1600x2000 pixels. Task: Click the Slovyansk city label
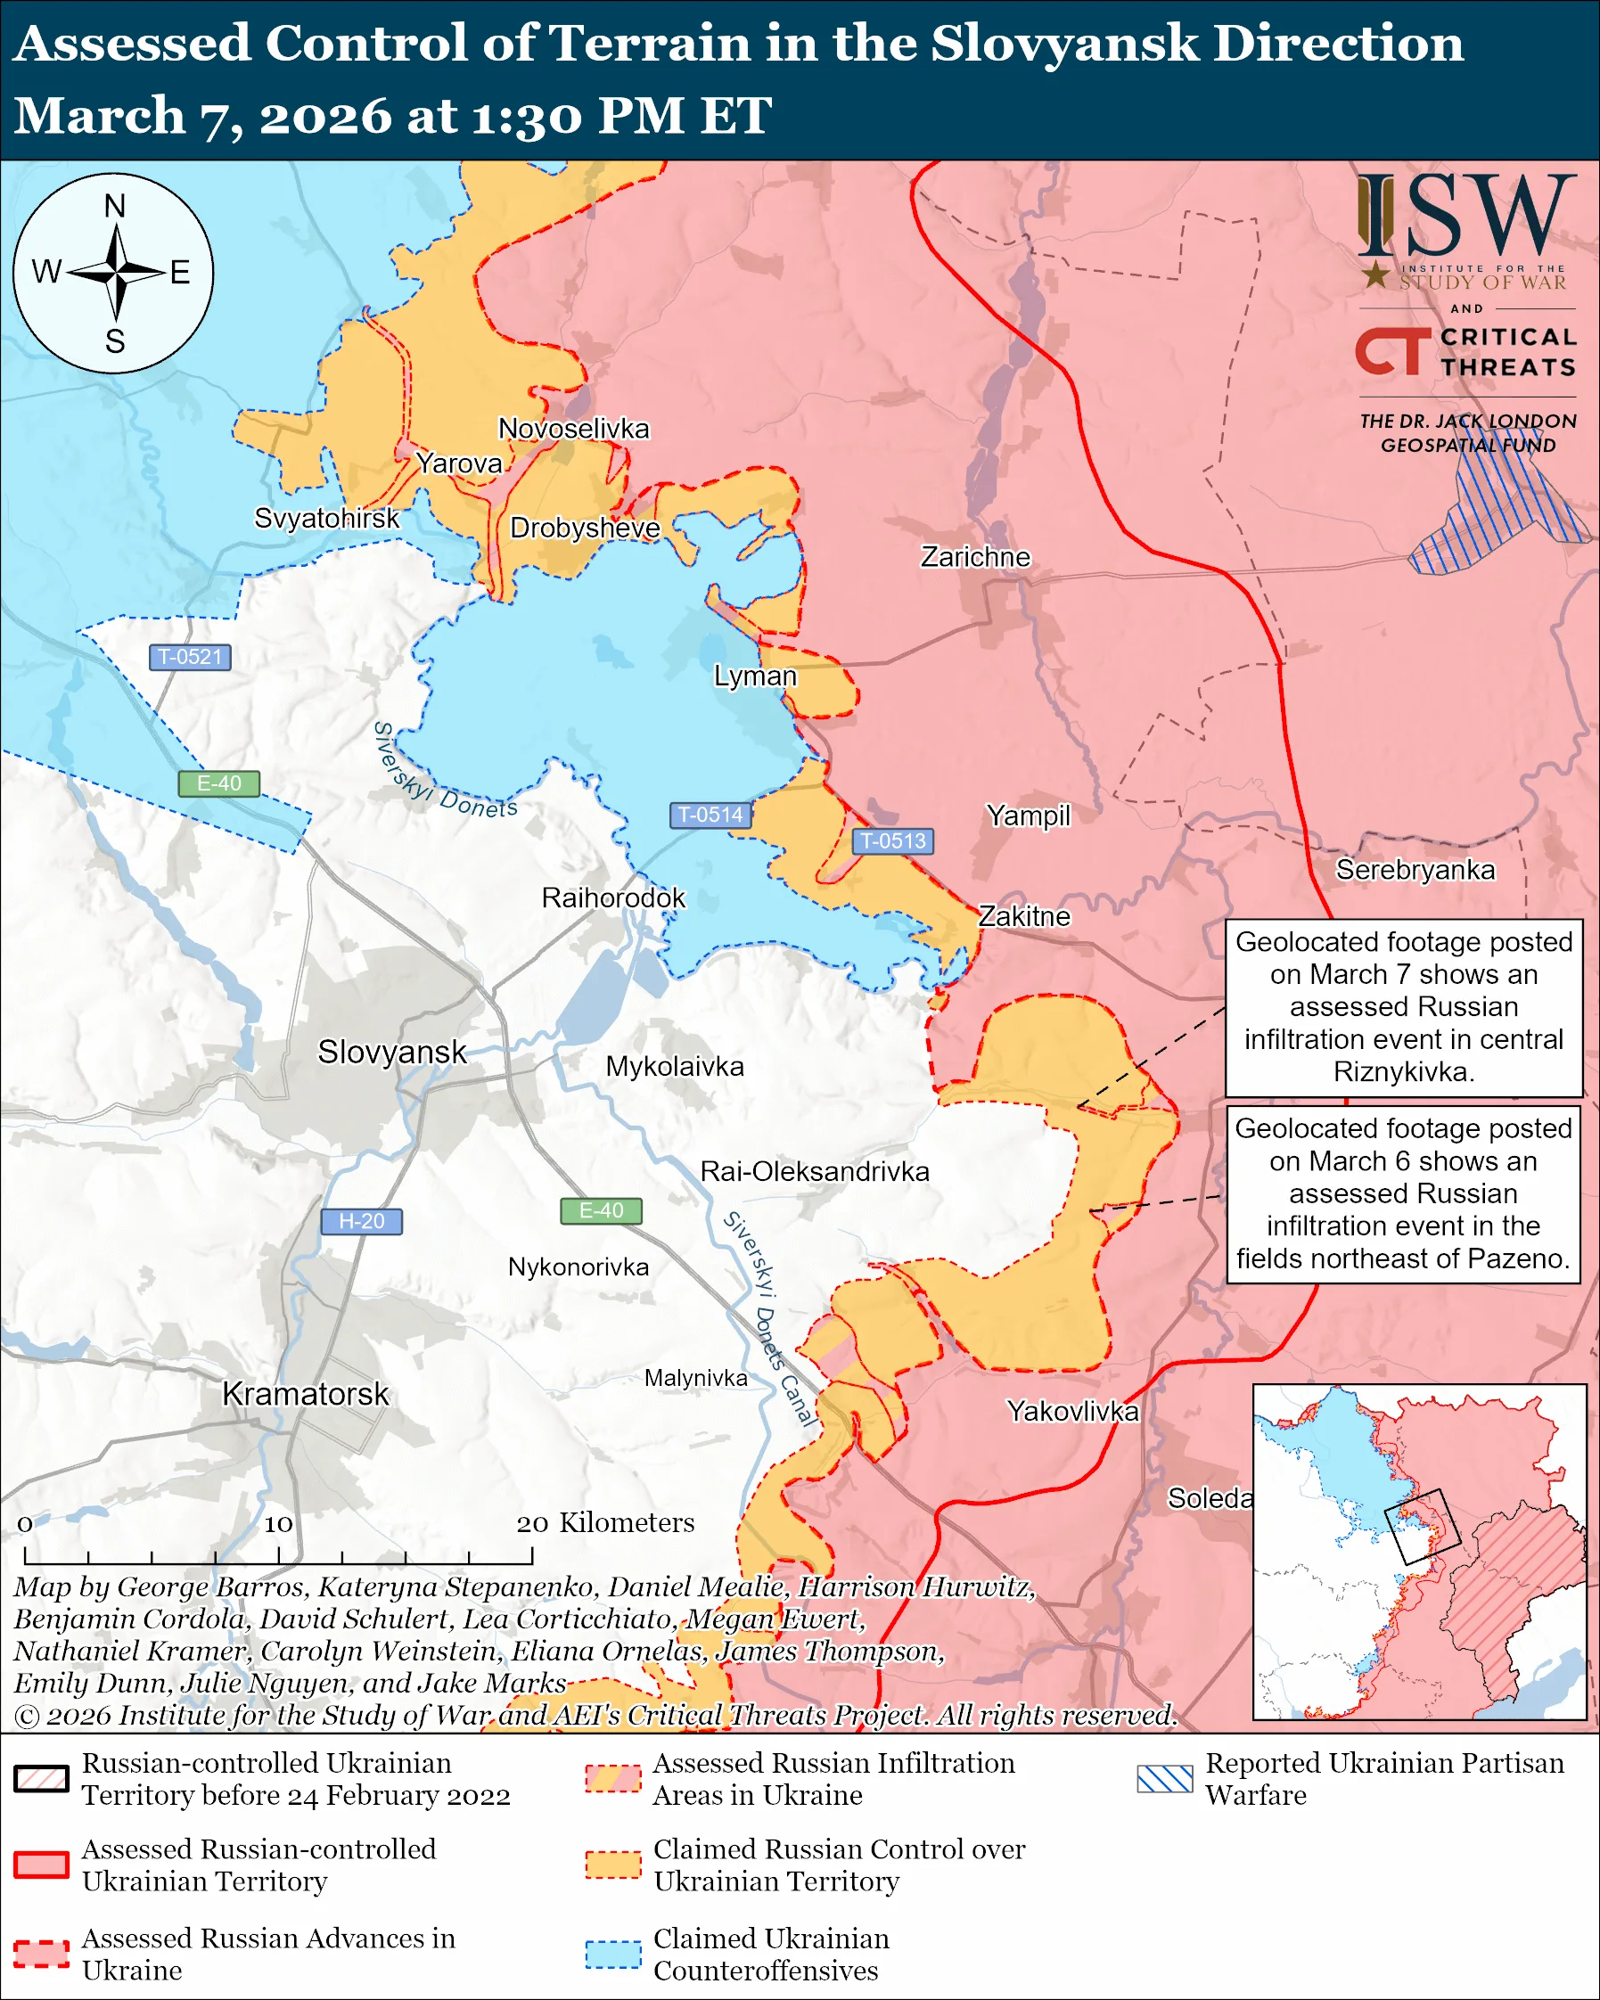pos(391,1052)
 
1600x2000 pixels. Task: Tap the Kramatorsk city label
pos(305,1394)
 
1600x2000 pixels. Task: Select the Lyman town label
pos(754,676)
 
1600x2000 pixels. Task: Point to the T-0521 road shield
pos(189,657)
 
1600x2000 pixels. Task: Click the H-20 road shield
pos(361,1221)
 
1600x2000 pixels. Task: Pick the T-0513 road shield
pos(892,840)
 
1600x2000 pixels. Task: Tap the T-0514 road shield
pos(710,815)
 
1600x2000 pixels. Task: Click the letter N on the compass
pos(114,206)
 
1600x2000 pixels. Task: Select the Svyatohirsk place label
pos(326,518)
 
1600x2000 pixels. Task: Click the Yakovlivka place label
pos(1072,1411)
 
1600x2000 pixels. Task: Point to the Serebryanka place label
pos(1415,869)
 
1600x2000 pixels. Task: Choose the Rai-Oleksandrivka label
pos(814,1172)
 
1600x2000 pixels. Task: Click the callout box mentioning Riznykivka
pos(1402,1007)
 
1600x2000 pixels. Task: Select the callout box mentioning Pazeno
pos(1402,1194)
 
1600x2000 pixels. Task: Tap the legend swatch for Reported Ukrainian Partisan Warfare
pos(1164,1778)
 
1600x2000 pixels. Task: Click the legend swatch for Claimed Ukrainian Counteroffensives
pos(612,1954)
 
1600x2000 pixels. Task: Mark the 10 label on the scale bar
pos(277,1524)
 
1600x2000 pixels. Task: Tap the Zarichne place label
pos(975,556)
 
